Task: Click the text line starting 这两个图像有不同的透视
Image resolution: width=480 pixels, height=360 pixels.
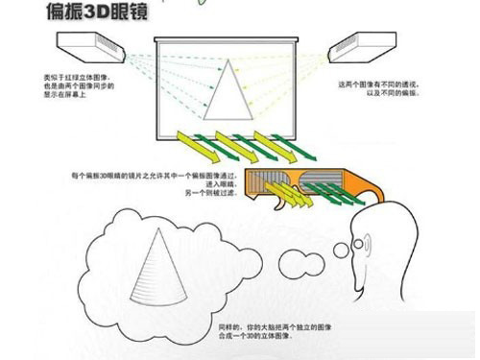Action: click(378, 84)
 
